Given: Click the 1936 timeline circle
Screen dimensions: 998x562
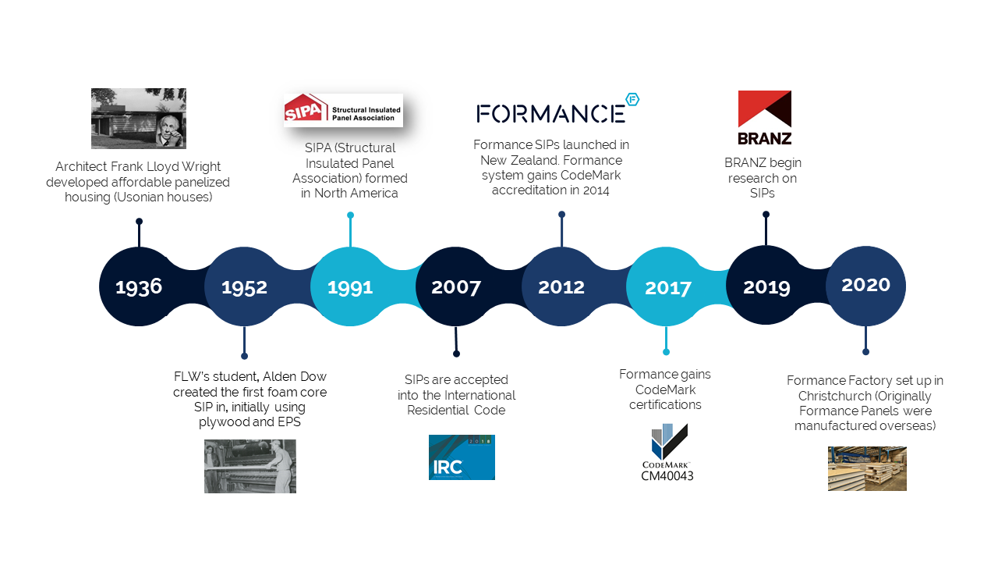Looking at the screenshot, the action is coord(139,286).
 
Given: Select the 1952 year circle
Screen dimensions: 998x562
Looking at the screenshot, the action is coord(244,286).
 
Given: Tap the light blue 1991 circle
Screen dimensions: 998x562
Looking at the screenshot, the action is coord(350,286).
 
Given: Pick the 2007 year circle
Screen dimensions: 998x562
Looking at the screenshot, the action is coord(456,286).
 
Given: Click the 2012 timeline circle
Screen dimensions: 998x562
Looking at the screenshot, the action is coord(561,286).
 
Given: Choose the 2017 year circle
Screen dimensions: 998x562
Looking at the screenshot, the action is coord(667,286).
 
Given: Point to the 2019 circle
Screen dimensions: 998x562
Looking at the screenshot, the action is coord(766,286).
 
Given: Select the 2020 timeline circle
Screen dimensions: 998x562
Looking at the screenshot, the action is coord(865,286).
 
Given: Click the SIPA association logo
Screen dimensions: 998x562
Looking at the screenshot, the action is coord(343,110).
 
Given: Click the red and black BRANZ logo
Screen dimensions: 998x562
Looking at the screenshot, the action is coord(765,118).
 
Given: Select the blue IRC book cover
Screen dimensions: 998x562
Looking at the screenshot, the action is coord(462,457).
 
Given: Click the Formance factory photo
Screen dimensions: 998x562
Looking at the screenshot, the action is coord(867,468).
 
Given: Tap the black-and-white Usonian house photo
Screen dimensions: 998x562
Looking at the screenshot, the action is coord(139,118).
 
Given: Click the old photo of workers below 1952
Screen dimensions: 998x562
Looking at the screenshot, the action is coord(250,466).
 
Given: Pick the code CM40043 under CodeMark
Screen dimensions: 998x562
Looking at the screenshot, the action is coord(667,476).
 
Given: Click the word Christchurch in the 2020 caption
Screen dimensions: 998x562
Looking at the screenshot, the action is coord(826,396).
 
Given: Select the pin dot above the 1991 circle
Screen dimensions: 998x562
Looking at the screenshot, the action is coord(351,215).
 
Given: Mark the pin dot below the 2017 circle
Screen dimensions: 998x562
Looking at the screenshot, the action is coord(666,352).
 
